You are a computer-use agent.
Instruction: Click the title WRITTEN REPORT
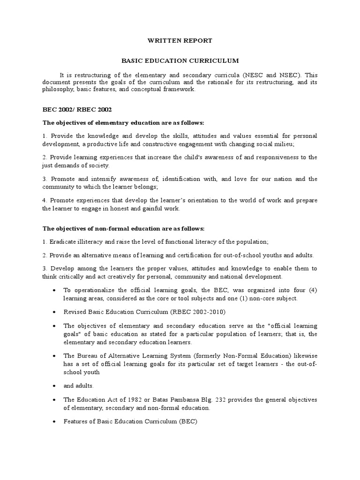(180, 41)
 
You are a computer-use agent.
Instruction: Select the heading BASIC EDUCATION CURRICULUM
(180, 61)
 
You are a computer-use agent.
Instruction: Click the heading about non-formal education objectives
(124, 228)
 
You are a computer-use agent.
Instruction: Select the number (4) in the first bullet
(313, 291)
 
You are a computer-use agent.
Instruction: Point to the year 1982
(127, 399)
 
